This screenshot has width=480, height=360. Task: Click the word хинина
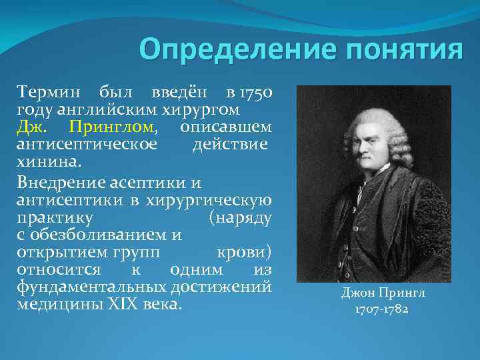pyautogui.click(x=49, y=161)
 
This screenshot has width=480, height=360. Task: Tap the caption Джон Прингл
pyautogui.click(x=373, y=293)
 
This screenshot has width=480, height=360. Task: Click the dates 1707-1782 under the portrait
pyautogui.click(x=373, y=310)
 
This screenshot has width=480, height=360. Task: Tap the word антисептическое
pyautogui.click(x=87, y=143)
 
